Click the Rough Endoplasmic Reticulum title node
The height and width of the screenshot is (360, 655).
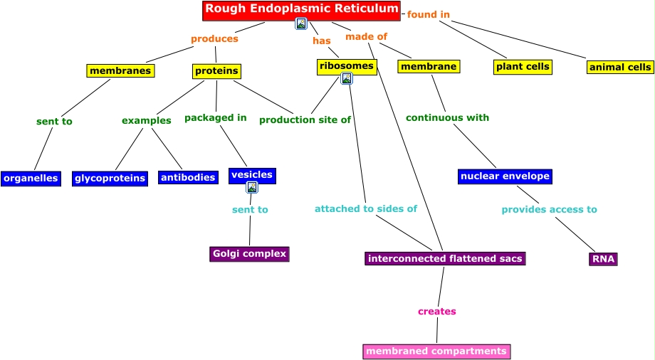click(301, 10)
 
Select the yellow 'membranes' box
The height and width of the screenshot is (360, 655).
click(120, 70)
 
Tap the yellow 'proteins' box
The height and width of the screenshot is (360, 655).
click(216, 71)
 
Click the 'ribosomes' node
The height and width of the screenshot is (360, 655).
click(346, 66)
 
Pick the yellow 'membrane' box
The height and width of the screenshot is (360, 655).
click(429, 67)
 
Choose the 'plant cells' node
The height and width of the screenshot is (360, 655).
click(523, 67)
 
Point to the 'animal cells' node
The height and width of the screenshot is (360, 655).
click(620, 68)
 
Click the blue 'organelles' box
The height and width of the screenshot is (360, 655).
click(31, 179)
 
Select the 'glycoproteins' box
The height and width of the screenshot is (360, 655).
click(110, 179)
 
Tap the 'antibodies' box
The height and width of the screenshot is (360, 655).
click(188, 178)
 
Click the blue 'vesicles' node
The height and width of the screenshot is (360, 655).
click(252, 175)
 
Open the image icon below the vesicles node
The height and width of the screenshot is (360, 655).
click(252, 188)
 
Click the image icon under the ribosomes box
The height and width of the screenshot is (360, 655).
click(347, 78)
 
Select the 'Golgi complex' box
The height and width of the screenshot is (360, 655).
click(249, 254)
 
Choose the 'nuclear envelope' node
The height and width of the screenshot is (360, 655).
click(505, 176)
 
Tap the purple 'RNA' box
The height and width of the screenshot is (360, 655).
click(603, 259)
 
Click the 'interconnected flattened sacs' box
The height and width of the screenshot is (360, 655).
click(445, 258)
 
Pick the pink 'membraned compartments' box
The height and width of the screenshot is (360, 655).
click(436, 351)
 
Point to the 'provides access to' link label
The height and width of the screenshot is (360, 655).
click(549, 210)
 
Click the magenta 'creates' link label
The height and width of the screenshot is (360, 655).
click(436, 312)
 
